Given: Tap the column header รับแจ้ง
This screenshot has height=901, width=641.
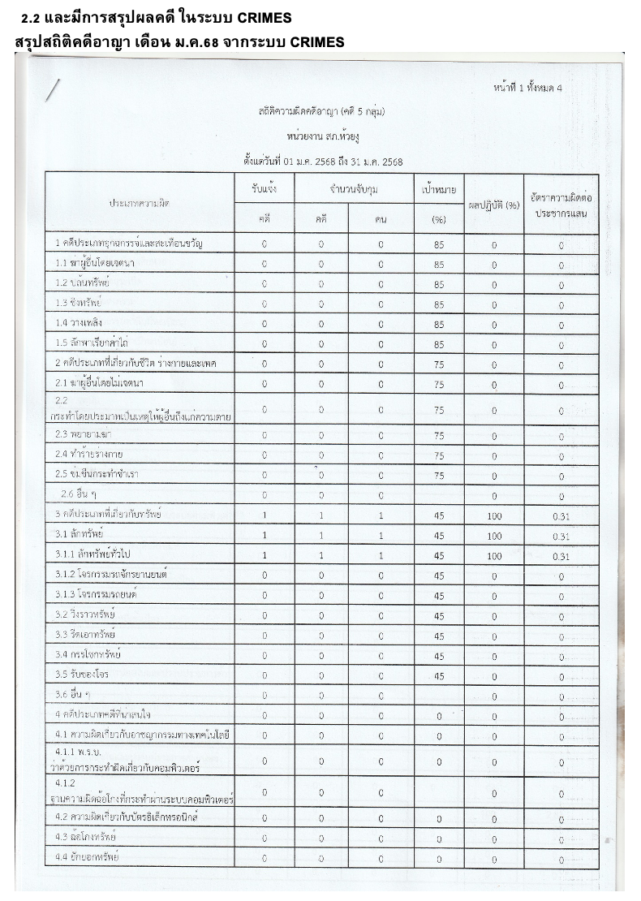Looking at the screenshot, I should tap(265, 189).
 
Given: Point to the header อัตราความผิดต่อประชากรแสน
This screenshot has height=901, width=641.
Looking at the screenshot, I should tap(561, 205).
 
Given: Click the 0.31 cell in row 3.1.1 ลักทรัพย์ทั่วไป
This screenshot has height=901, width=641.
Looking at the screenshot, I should tap(560, 556).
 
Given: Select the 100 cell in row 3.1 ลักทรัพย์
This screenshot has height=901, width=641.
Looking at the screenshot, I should tap(493, 536).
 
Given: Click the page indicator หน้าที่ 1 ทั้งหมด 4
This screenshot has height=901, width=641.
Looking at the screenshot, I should tap(527, 87).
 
